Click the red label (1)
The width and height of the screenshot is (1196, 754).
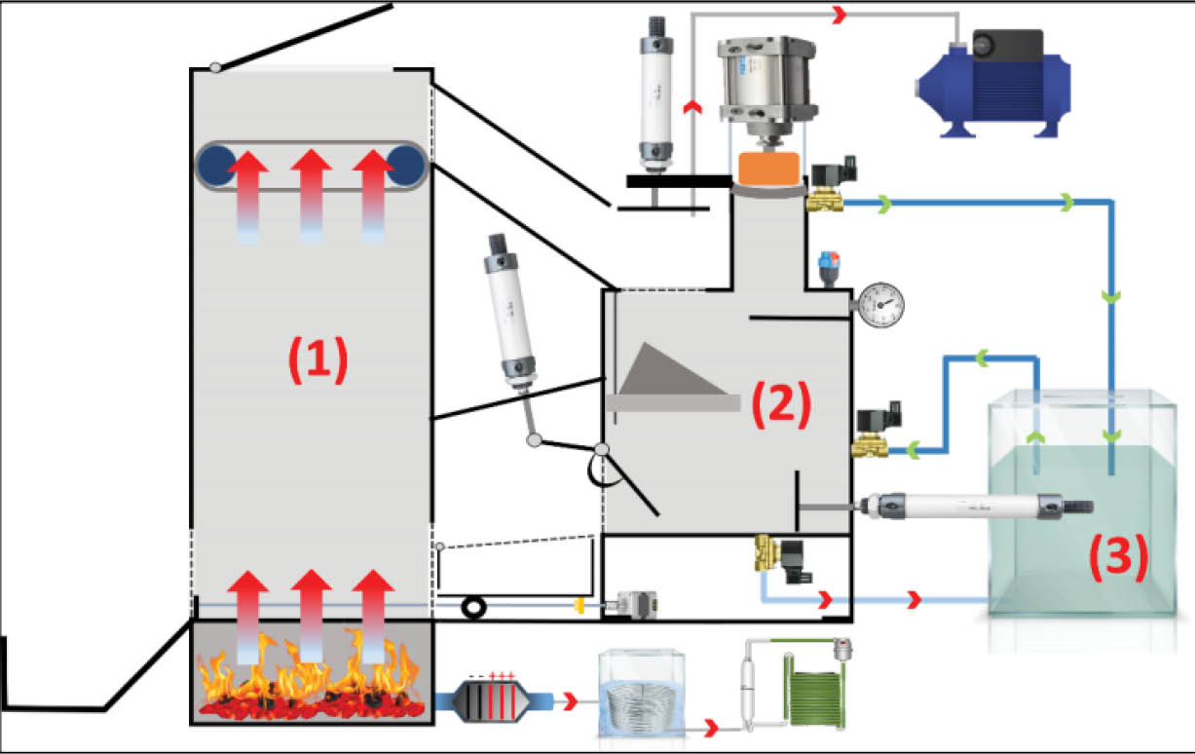(317, 361)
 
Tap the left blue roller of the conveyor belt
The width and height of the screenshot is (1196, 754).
(219, 166)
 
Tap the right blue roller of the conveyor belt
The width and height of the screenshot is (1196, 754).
(405, 166)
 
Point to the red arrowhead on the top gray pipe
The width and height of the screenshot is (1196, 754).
(839, 15)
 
